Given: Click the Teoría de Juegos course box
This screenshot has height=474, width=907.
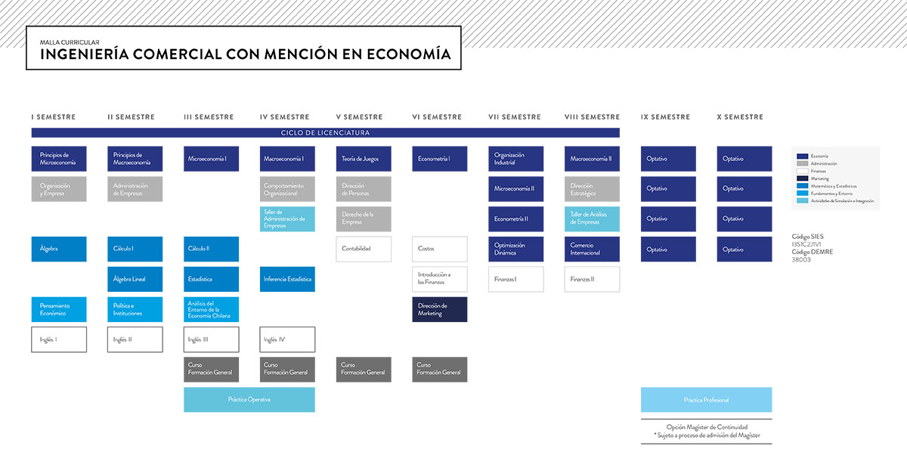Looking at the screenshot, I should [364, 159].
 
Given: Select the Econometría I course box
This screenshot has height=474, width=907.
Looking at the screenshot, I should [440, 159].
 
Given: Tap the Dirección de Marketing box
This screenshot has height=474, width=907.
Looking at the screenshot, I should [440, 309].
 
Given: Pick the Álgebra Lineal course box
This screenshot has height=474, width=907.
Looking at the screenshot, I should [135, 279].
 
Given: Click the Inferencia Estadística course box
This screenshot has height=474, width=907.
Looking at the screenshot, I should [287, 279].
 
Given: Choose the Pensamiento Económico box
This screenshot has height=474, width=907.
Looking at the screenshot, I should [59, 309].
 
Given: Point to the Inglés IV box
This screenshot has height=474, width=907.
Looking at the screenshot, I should [287, 339].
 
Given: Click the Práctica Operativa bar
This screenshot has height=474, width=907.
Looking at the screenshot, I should [249, 399].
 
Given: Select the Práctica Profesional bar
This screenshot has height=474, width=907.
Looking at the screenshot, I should [706, 399].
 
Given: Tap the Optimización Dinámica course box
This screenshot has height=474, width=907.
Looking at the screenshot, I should [516, 249].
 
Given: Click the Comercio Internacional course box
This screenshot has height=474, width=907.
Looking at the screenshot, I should [592, 249].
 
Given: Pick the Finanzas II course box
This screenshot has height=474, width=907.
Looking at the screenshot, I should [592, 279].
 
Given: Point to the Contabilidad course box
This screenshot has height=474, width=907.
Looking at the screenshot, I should [364, 249].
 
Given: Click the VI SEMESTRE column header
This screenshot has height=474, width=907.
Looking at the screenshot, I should [437, 117].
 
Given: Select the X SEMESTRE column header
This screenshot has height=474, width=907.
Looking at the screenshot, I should [740, 117].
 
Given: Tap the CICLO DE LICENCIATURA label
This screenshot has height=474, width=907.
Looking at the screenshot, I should [325, 132].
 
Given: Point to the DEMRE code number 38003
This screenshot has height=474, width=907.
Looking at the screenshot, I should [801, 259].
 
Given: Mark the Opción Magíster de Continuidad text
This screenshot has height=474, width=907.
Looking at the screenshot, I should [706, 427].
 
